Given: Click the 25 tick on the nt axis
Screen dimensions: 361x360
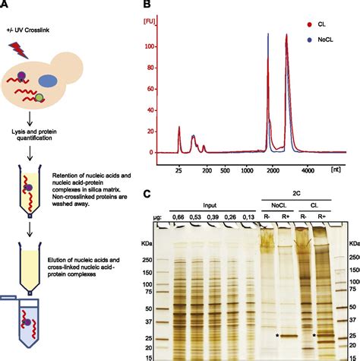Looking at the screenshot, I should (x=179, y=163).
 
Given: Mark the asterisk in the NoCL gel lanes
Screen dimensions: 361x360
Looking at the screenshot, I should (x=277, y=314).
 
